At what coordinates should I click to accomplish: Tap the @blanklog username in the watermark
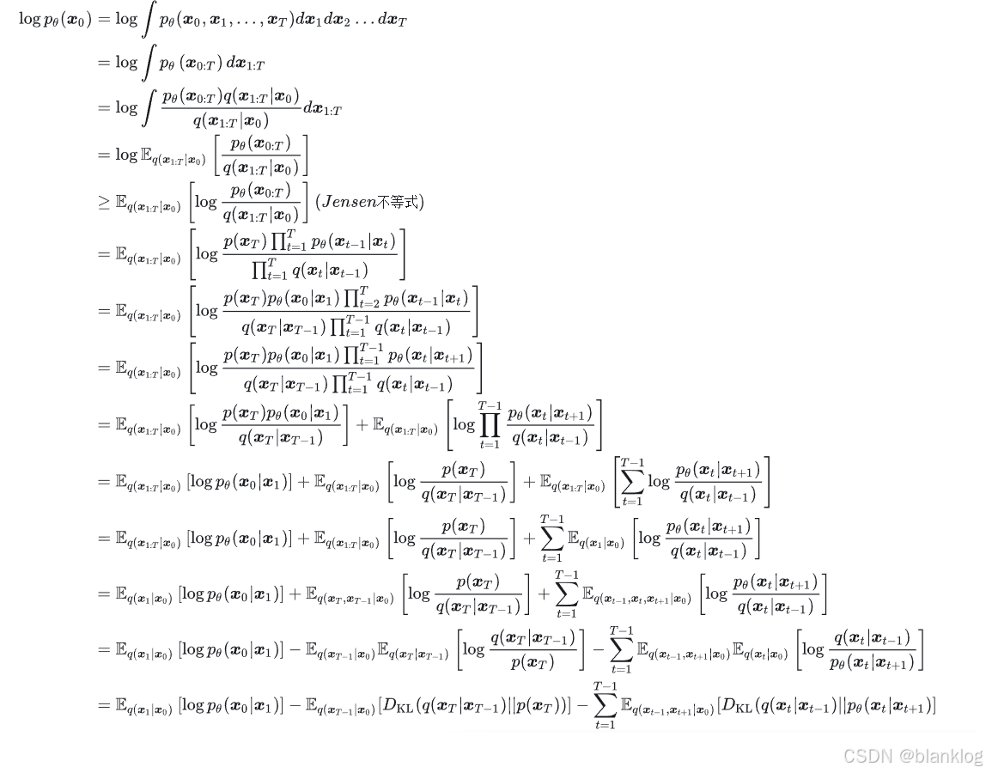click(x=940, y=756)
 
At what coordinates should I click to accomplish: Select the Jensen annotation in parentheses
click(x=370, y=202)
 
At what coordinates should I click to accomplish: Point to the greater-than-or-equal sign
click(x=104, y=202)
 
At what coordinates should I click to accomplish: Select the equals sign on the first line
click(x=104, y=19)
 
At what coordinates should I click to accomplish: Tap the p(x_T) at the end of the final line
click(x=546, y=706)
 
